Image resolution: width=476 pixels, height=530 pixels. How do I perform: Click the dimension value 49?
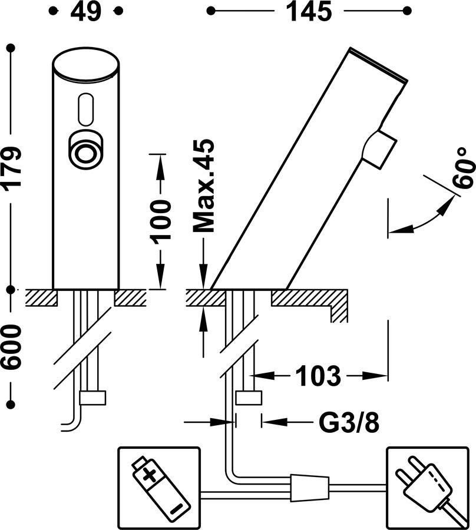[x=86, y=11]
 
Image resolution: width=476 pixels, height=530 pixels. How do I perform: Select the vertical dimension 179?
[x=12, y=167]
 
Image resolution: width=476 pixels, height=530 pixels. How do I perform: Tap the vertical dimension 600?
[x=12, y=347]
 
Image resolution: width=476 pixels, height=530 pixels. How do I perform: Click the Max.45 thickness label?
[x=204, y=186]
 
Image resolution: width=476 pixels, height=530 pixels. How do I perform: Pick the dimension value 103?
[x=318, y=375]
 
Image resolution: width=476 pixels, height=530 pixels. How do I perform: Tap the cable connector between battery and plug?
[x=308, y=486]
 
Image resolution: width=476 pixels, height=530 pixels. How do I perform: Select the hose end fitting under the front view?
[x=92, y=398]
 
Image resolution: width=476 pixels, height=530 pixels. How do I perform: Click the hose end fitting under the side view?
[x=249, y=398]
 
